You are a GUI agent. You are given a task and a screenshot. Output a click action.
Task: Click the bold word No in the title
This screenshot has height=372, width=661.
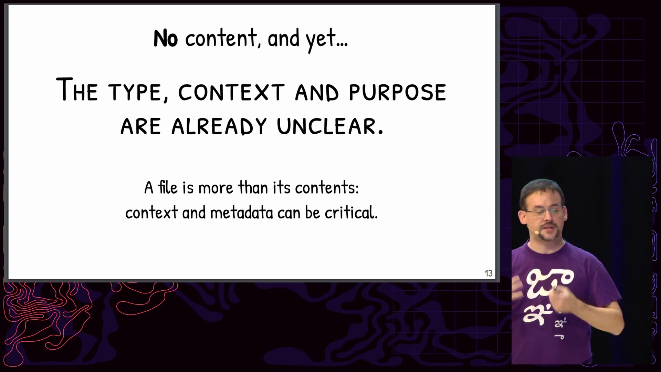point(166,38)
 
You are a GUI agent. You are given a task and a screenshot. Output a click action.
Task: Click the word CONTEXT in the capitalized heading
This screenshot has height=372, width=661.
point(231,92)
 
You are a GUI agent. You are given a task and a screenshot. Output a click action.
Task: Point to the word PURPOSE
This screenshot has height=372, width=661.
point(398,92)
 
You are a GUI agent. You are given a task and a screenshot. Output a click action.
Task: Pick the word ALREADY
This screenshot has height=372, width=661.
point(219,126)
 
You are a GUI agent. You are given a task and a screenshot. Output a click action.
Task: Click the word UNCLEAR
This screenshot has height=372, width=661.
point(330,126)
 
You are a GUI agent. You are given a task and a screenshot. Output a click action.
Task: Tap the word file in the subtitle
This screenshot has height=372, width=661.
point(168,187)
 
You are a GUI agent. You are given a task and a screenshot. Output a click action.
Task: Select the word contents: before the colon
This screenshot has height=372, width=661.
point(327,188)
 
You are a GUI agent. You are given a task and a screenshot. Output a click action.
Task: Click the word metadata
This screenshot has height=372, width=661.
point(241,212)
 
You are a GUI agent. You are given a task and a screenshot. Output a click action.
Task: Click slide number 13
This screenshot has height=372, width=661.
point(488,273)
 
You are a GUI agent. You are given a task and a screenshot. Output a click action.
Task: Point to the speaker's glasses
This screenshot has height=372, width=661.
point(545,211)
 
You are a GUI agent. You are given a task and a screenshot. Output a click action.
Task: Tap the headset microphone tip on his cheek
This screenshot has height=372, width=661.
point(536,232)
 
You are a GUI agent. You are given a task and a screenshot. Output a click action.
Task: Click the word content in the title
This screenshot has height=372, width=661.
point(221,38)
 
